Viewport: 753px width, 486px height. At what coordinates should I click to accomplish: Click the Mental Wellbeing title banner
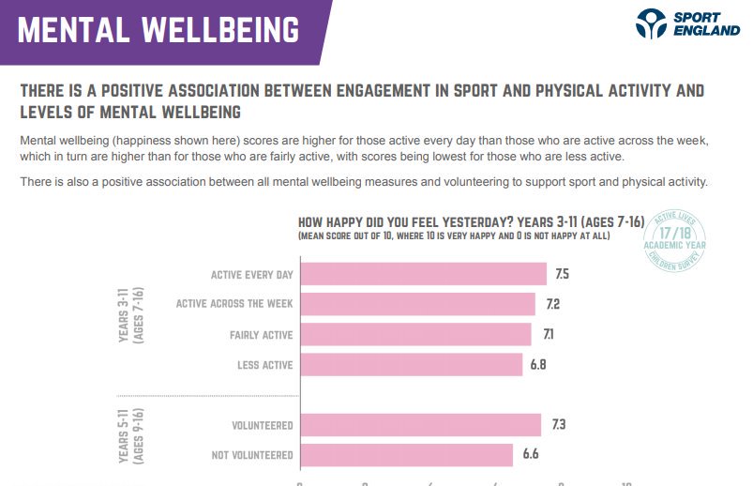point(159,30)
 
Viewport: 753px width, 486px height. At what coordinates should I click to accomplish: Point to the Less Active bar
point(410,364)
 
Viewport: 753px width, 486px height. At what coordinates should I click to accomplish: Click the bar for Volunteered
point(420,425)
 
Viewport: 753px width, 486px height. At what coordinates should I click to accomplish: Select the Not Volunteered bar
point(406,455)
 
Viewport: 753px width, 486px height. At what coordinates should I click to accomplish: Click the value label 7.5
point(563,274)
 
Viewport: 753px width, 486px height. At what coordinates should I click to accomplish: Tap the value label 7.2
point(551,304)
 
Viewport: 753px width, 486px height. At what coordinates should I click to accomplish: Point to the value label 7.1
point(547,334)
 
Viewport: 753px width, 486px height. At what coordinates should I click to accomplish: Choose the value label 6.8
point(538,364)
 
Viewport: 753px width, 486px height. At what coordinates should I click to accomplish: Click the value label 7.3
point(559,425)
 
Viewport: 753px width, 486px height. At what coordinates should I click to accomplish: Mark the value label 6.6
point(530,455)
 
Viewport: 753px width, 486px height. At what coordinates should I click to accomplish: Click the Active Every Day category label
point(251,275)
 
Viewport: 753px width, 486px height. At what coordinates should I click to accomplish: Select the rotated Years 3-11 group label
point(130,320)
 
